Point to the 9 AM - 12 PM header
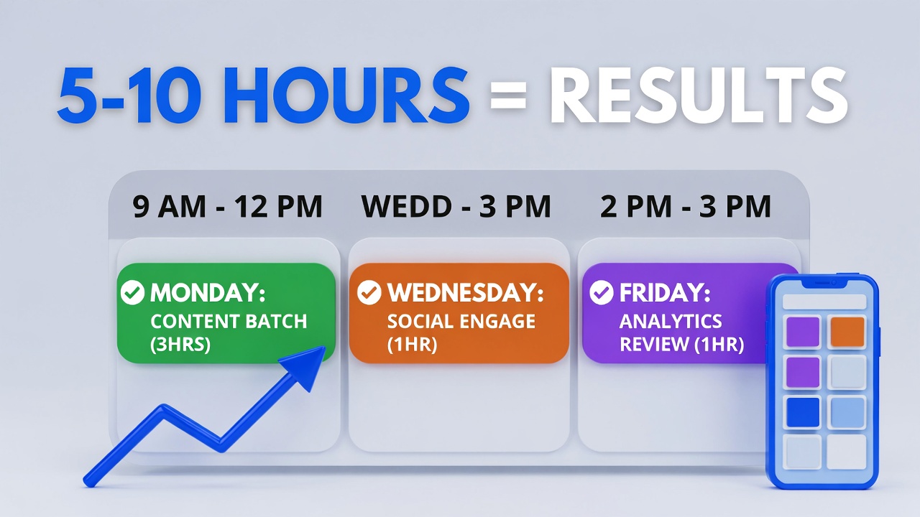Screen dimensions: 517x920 (228, 207)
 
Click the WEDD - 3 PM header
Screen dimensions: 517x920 (456, 207)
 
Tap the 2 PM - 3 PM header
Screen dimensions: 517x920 (686, 207)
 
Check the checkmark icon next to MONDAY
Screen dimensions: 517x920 (132, 293)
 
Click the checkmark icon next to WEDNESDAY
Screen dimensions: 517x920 (369, 293)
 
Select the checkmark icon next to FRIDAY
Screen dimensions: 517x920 (601, 293)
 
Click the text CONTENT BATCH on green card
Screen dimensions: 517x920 (229, 321)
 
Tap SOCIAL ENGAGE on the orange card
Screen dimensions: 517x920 (461, 321)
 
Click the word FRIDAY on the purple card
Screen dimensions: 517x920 (665, 293)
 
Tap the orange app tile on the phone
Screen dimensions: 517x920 (847, 332)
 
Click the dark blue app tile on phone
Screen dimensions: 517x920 (802, 412)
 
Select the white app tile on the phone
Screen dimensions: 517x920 (847, 452)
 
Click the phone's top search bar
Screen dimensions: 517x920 (824, 302)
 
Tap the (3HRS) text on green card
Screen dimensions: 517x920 (180, 345)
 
